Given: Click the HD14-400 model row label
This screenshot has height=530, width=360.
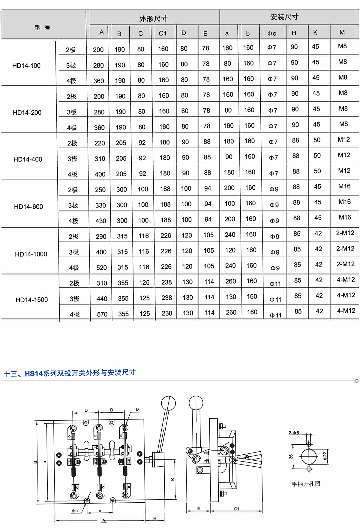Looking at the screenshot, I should click(28, 159).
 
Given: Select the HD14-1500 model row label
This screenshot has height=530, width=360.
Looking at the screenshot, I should click(31, 300).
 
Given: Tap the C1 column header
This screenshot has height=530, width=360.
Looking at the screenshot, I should click(163, 33).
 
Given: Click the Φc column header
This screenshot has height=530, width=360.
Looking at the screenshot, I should click(272, 33).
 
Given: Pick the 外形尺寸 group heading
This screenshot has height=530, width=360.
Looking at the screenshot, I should click(153, 19).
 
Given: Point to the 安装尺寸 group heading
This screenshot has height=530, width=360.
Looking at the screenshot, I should click(284, 17).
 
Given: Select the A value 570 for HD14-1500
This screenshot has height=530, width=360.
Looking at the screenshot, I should click(102, 314).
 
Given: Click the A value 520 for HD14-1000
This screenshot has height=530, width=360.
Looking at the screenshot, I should click(101, 268).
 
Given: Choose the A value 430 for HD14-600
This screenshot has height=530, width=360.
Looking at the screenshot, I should click(101, 221).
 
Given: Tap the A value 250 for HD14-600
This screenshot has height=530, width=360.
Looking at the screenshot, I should click(100, 190).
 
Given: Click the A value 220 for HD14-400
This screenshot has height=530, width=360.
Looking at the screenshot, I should click(100, 143).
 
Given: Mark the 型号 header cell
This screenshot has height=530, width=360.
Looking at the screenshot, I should click(42, 28).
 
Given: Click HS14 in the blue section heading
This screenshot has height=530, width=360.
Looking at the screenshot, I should click(34, 374).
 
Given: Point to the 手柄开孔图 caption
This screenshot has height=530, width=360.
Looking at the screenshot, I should click(306, 484).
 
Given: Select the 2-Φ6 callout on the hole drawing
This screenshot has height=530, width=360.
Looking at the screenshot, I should click(294, 433).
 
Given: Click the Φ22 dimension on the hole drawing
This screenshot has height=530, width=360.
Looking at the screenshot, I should click(325, 456).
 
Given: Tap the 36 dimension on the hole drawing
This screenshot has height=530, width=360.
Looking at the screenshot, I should click(291, 456).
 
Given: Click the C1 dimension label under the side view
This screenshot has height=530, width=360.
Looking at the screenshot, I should click(237, 509).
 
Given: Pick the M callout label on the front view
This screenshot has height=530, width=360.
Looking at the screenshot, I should click(138, 410).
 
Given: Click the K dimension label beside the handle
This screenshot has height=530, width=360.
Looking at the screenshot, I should click(173, 479).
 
